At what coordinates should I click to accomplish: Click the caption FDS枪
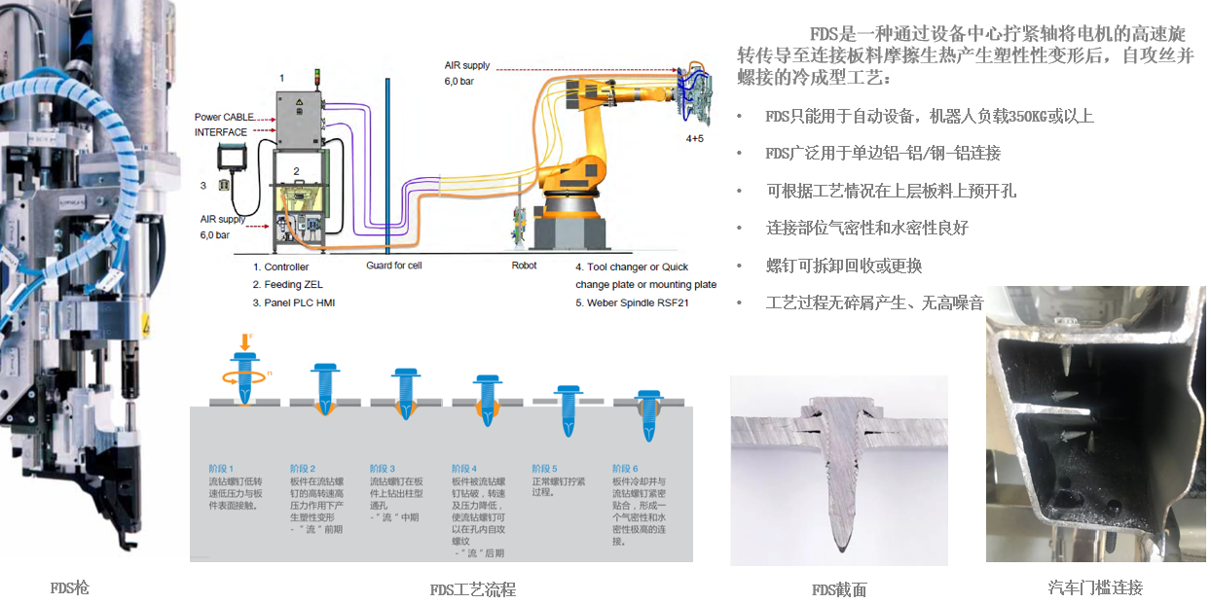69,587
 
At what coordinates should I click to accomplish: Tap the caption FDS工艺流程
472,589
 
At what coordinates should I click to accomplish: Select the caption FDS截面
838,589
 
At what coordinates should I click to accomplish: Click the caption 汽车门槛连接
1095,587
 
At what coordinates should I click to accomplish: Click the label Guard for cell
394,266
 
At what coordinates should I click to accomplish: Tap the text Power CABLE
226,118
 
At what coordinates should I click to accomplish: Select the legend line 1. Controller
280,266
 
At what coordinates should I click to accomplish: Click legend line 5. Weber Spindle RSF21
638,302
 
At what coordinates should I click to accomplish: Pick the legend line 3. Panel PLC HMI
294,302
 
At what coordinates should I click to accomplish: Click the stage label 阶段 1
221,469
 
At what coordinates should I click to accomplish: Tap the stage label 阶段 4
464,469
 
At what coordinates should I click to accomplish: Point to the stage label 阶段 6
625,469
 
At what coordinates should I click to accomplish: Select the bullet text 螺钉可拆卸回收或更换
843,266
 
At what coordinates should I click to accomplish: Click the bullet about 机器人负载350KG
929,117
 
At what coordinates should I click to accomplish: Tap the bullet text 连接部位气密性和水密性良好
866,229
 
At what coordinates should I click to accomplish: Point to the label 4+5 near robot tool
694,138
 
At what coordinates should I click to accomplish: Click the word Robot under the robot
524,266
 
